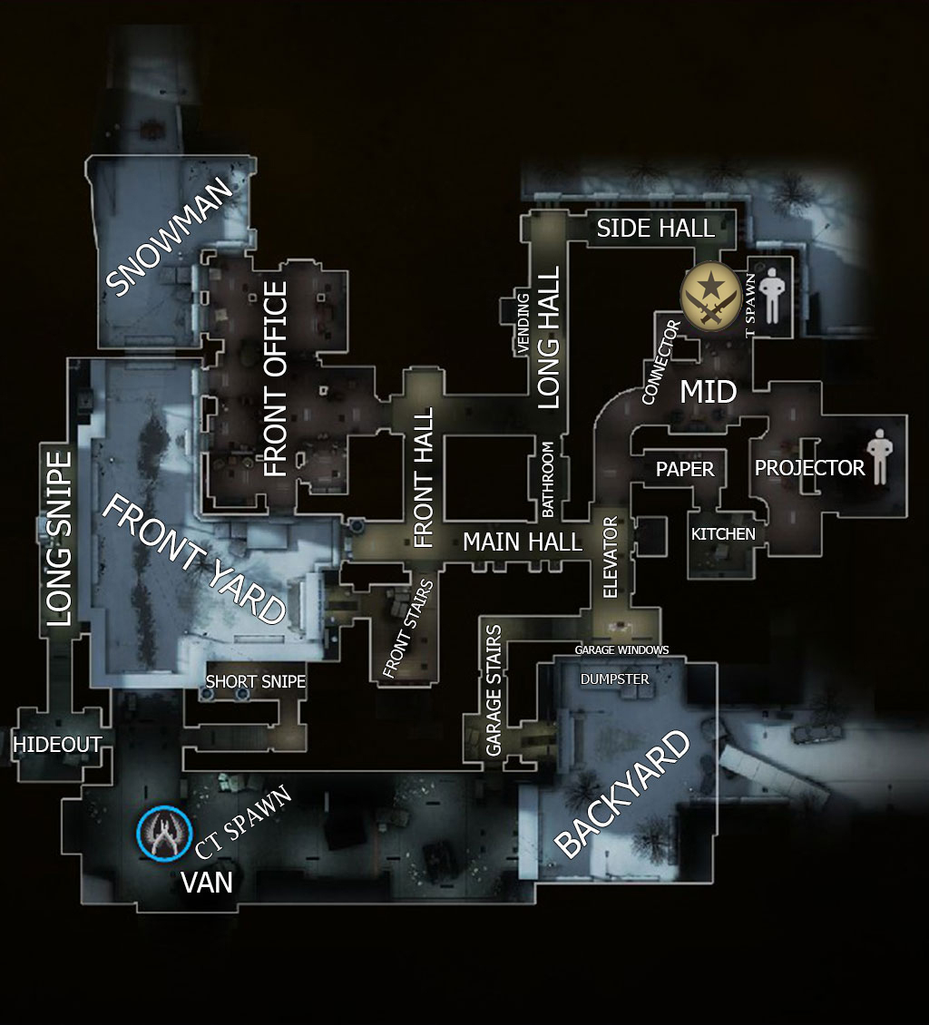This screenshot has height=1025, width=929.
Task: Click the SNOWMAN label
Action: [169, 236]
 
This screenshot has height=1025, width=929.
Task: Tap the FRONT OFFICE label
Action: [275, 378]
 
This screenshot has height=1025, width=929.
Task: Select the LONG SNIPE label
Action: [59, 539]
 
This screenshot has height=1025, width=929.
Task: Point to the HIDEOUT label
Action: [57, 744]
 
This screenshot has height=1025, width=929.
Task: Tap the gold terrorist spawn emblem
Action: [710, 296]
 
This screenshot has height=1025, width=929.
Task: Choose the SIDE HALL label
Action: [656, 229]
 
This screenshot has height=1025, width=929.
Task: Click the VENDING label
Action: [523, 324]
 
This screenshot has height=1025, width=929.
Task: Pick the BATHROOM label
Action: [548, 479]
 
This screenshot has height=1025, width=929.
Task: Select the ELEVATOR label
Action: [610, 557]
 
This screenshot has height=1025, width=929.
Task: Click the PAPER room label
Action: [685, 469]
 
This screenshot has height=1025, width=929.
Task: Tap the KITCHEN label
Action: [723, 534]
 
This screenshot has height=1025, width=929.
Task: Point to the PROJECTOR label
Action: [809, 468]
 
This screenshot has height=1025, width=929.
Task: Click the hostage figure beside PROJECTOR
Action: [879, 456]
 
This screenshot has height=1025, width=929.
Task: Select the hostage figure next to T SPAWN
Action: [772, 296]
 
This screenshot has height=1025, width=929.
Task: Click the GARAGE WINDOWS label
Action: [621, 649]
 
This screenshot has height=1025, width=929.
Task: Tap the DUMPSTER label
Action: [614, 679]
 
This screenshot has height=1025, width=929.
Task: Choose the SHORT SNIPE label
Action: [256, 682]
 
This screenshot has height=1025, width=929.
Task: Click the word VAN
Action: [207, 883]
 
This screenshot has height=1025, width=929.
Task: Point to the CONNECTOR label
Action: [661, 362]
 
